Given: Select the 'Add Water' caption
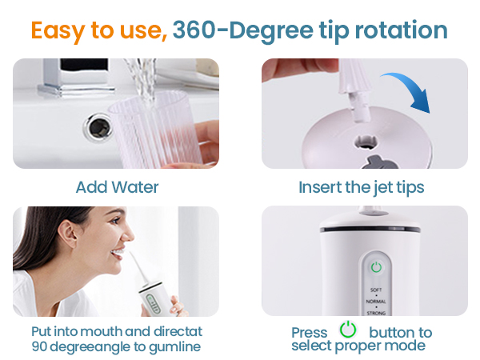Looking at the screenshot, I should pyautogui.click(x=117, y=188).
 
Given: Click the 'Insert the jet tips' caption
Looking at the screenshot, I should pyautogui.click(x=361, y=188).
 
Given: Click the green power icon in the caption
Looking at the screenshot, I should pyautogui.click(x=348, y=330).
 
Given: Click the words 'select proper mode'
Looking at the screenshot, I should pyautogui.click(x=358, y=346).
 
